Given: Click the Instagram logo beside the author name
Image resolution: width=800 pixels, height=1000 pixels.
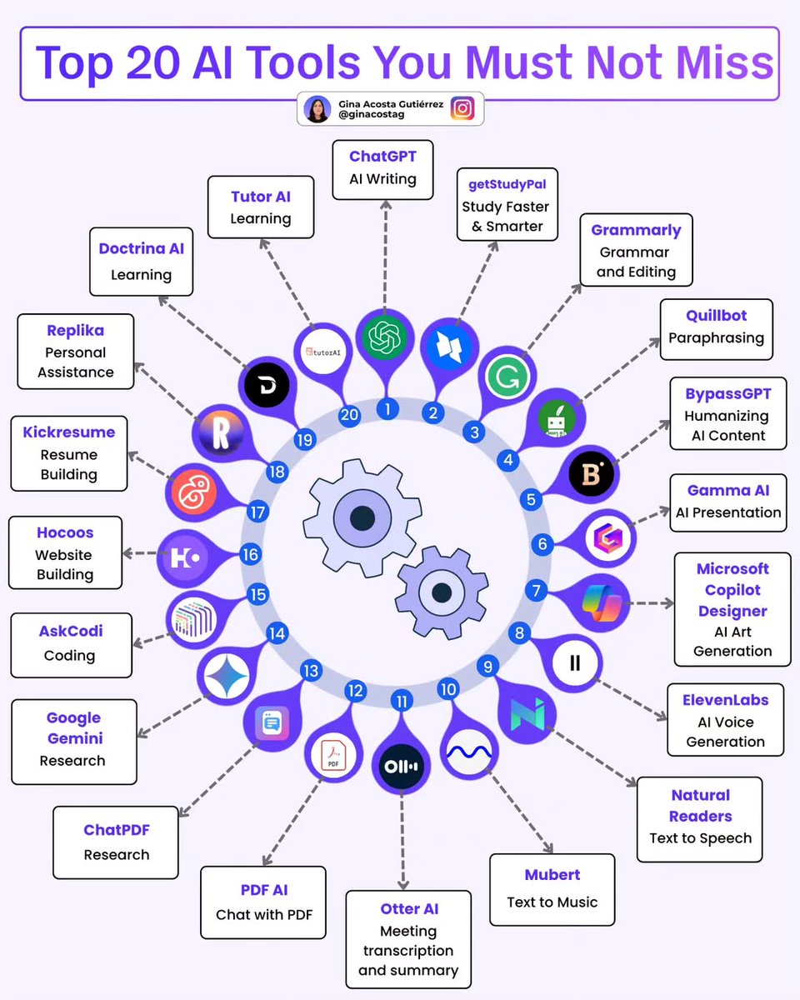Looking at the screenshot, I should click(462, 109).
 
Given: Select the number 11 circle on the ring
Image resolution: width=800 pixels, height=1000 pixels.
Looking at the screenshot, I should click(402, 701).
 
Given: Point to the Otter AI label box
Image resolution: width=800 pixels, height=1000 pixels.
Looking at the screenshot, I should click(408, 939).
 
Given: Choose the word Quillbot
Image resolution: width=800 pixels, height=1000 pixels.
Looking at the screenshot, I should click(716, 316).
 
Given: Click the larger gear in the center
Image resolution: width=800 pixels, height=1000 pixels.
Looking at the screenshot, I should click(361, 517).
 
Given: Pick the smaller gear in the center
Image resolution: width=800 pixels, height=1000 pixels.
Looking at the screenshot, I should click(442, 592).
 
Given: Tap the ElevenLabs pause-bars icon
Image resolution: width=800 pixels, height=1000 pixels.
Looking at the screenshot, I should click(575, 663).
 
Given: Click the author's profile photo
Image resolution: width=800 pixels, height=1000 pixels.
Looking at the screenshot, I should click(317, 109).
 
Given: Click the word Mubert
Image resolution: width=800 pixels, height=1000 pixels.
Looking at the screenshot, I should click(552, 875).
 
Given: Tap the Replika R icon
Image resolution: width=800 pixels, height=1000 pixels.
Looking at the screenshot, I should click(222, 434).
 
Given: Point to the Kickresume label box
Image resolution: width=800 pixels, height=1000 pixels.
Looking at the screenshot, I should click(69, 453).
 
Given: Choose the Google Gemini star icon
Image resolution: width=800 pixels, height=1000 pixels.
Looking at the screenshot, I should click(224, 674).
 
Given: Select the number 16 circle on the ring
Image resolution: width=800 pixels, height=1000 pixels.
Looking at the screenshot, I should click(250, 554).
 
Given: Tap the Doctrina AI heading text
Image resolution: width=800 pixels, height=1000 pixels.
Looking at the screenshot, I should click(141, 248).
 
